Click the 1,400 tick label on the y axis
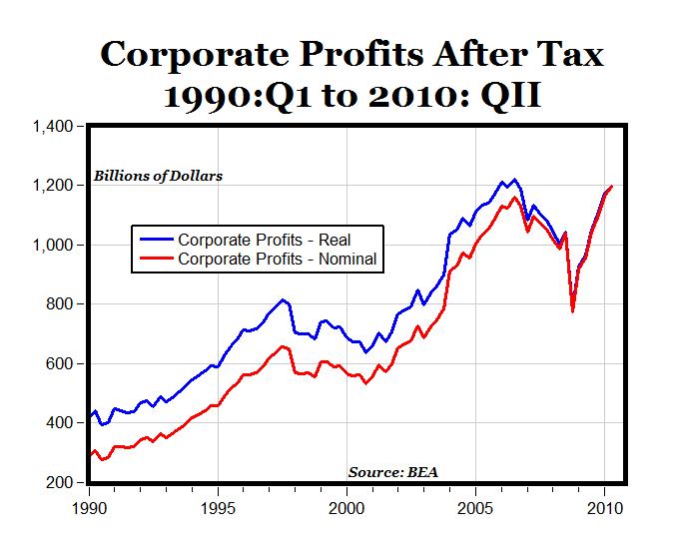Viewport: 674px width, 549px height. [x=54, y=127]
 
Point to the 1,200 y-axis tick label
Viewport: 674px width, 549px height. [x=54, y=186]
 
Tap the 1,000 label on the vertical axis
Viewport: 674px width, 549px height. [x=54, y=246]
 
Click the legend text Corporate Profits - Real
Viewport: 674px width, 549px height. [x=264, y=240]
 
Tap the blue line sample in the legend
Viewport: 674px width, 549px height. [x=156, y=240]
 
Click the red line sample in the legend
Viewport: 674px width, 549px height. [x=156, y=259]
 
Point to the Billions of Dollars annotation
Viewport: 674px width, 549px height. [x=159, y=176]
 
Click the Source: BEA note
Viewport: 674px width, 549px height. [x=393, y=471]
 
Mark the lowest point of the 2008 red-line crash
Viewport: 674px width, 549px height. [x=573, y=310]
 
